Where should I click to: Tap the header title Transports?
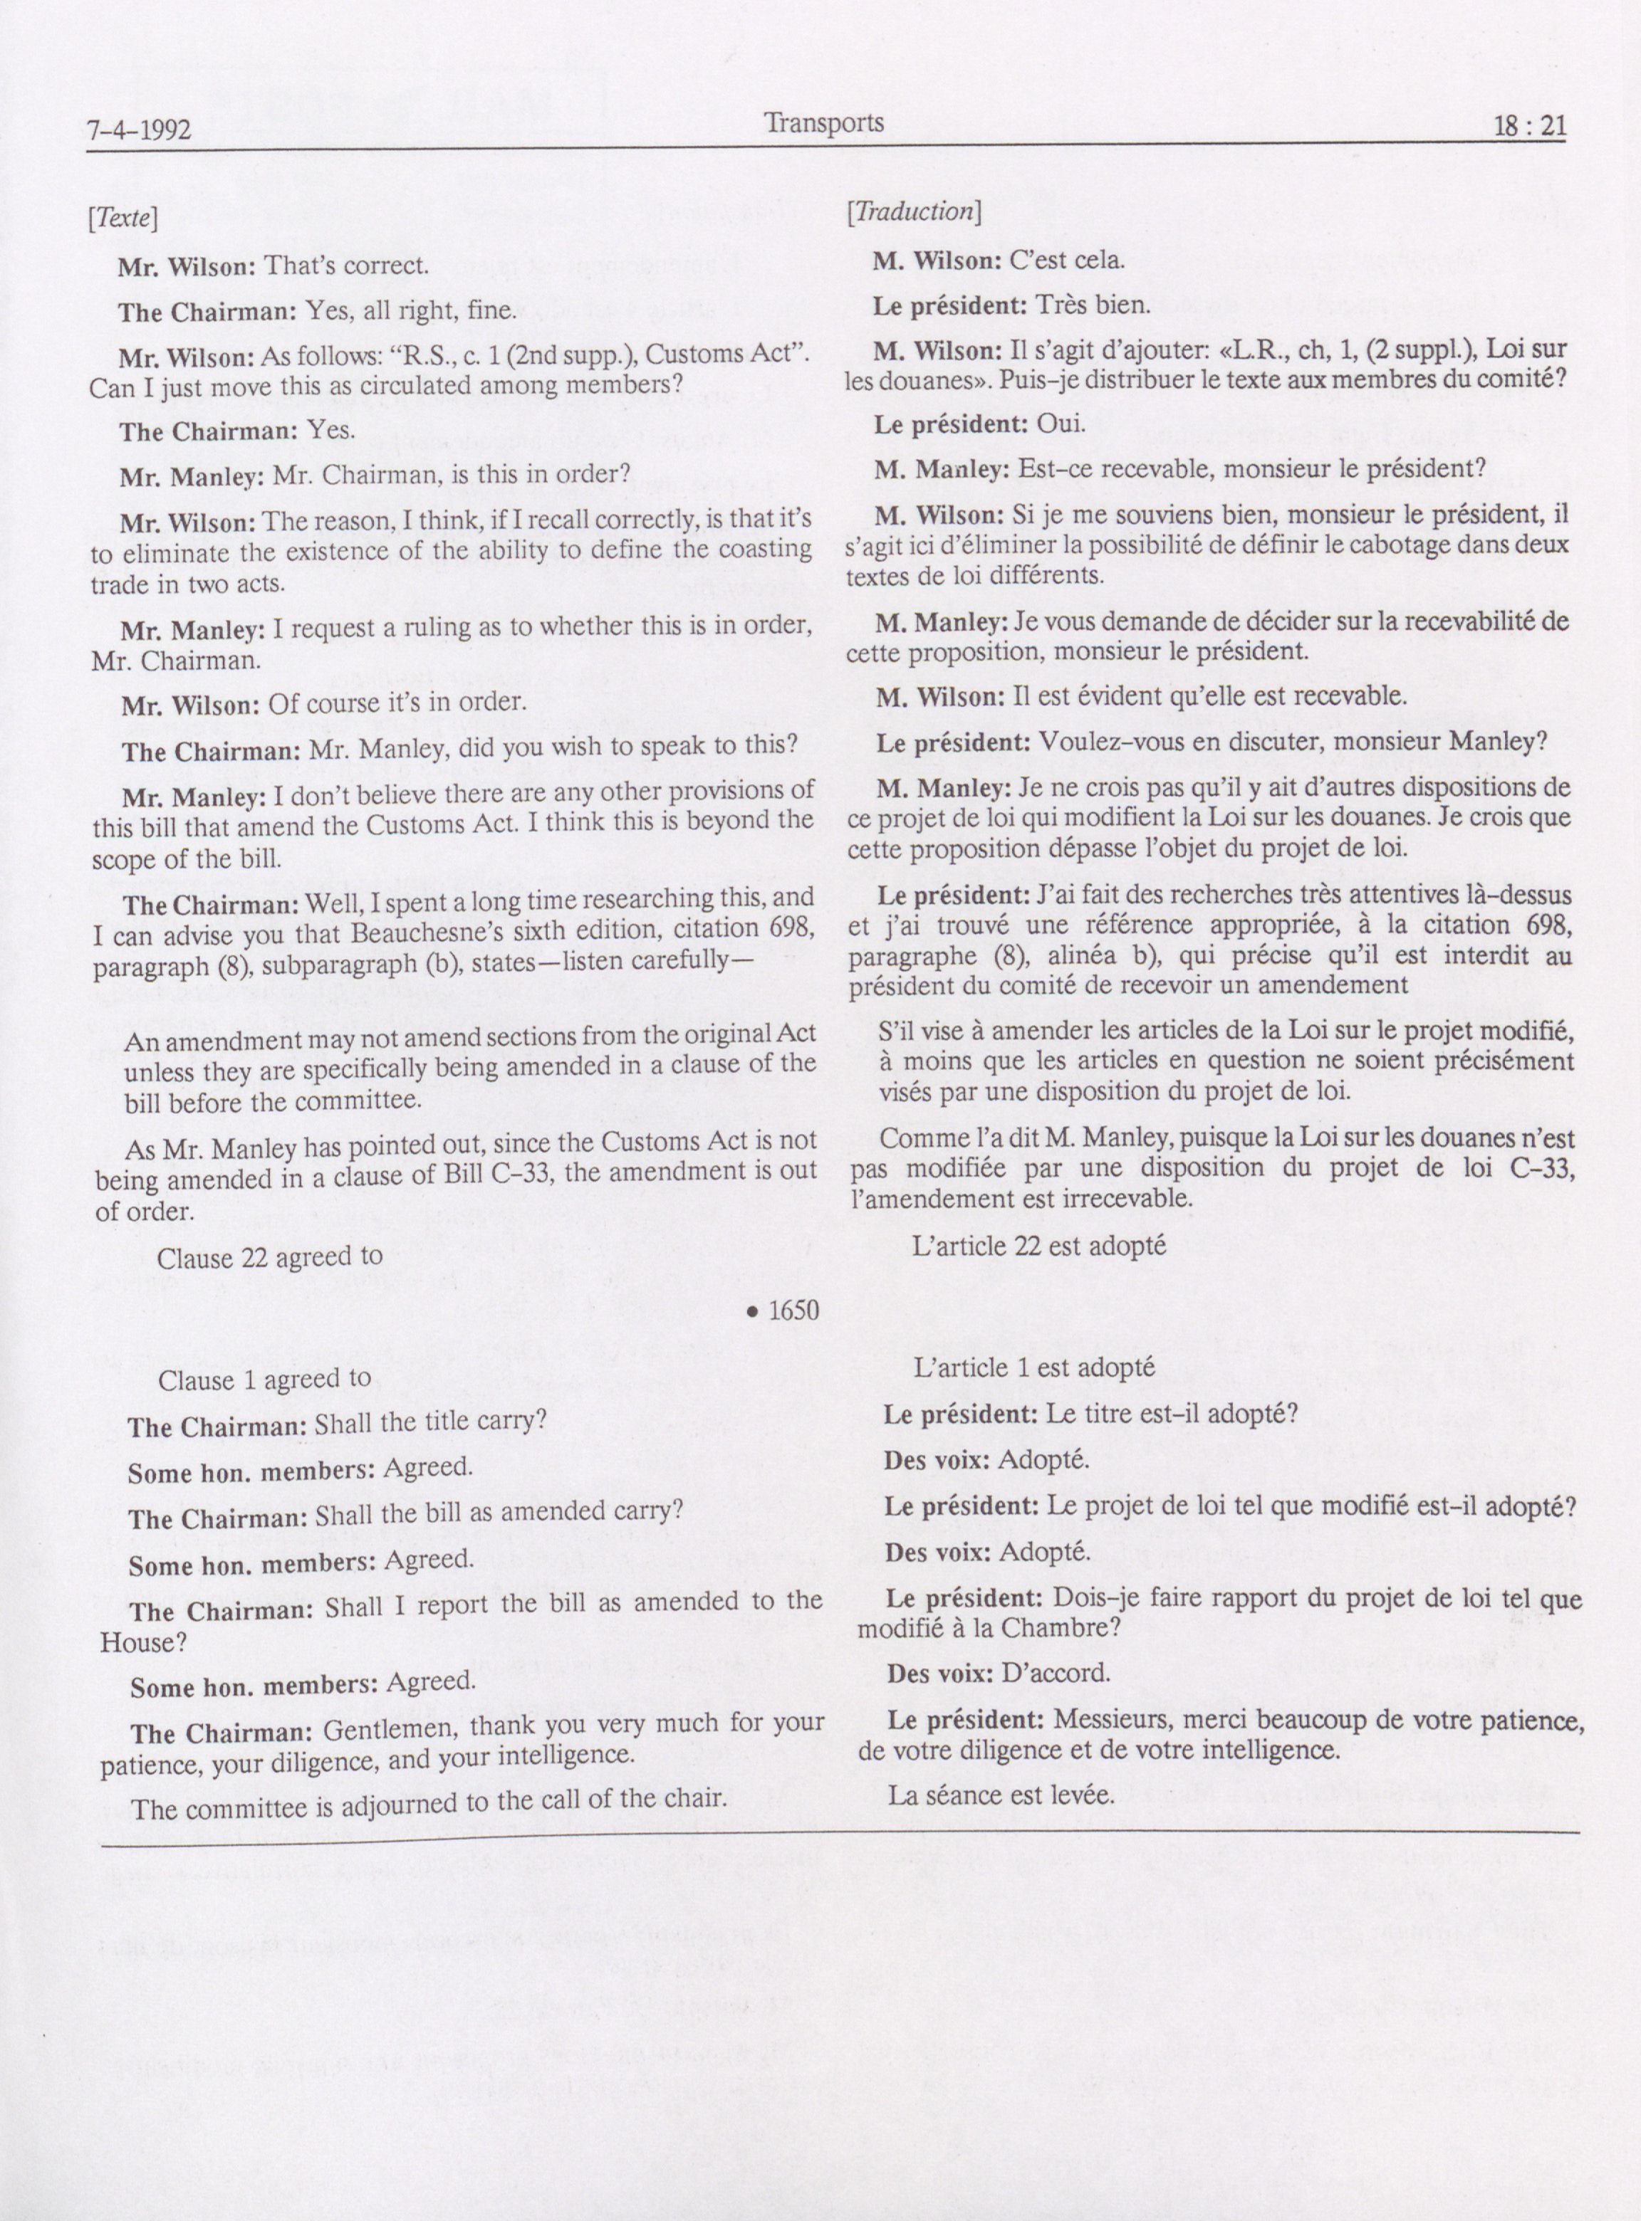point(823,122)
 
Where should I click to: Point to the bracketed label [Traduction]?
point(914,211)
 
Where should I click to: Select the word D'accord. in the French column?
point(1055,1673)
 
